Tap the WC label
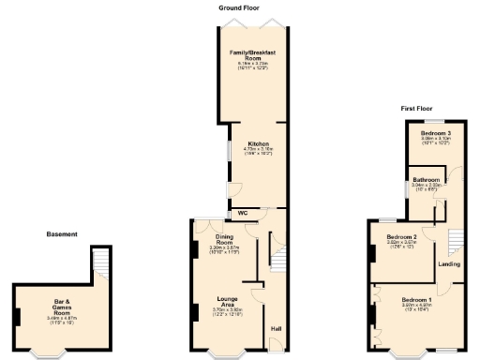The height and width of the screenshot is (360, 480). coord(243,213)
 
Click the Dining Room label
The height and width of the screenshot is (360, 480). coord(224,237)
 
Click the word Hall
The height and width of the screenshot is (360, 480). coord(276,329)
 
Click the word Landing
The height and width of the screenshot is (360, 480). coord(449,264)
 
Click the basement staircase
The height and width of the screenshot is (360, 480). coord(100,262)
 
